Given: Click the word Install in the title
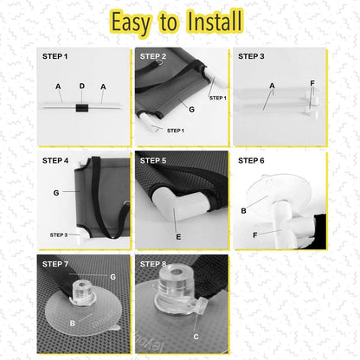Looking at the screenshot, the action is pos(215,21).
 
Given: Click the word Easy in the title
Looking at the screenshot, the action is pos(131,23).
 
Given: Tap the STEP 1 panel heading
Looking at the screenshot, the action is pos(55,56).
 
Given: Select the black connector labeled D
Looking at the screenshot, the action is pos(81,108).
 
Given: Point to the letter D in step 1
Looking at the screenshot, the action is pos(82,86).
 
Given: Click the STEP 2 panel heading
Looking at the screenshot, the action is pos(153,56).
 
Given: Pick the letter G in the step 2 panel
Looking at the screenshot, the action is pos(191,109).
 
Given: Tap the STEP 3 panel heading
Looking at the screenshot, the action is pos(251,56).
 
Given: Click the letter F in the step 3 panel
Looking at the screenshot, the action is pos(312,83).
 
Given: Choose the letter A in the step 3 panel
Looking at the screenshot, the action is pos(272,86).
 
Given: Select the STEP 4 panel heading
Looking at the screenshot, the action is pos(55,161).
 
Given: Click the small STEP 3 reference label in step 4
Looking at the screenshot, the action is pos(59,235).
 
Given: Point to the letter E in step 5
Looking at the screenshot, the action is pos(178,237).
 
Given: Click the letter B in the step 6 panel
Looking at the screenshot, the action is pos(243,211).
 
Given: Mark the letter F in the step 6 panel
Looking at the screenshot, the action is pos(255,235).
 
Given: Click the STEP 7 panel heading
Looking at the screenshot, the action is pos(55,264).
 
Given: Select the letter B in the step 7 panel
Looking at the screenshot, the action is pos(73,324).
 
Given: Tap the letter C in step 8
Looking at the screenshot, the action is pos(196,337).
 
